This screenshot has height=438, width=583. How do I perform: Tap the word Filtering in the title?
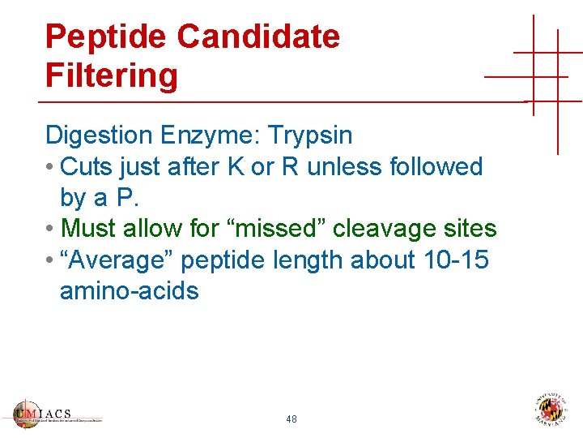pos(111,76)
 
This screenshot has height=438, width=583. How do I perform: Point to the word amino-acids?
pos(129,290)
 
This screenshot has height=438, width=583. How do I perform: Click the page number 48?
pos(291,419)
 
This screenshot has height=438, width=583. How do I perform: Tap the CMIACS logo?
pos(57,414)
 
